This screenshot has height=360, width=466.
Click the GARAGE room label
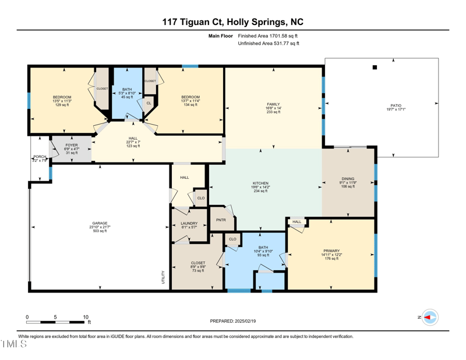point(99,223)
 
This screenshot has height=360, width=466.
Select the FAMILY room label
point(273,104)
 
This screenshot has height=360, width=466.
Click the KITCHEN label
point(260,182)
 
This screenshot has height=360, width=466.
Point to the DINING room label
point(348,179)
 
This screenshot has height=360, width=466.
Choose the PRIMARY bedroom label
point(331,251)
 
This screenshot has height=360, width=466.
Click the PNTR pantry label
point(221,220)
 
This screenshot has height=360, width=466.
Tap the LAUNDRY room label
point(189,223)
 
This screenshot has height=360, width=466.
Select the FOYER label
point(72,146)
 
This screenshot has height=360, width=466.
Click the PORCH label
point(40,157)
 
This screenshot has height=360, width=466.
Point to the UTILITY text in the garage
point(164,277)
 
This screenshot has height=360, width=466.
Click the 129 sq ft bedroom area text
point(62,105)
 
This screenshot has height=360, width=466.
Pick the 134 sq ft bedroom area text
point(190,105)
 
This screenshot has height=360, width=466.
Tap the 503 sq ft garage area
point(99,231)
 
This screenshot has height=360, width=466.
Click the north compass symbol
point(429,317)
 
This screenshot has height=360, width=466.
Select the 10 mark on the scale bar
point(86,317)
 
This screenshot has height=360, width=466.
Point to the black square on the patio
point(375,68)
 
